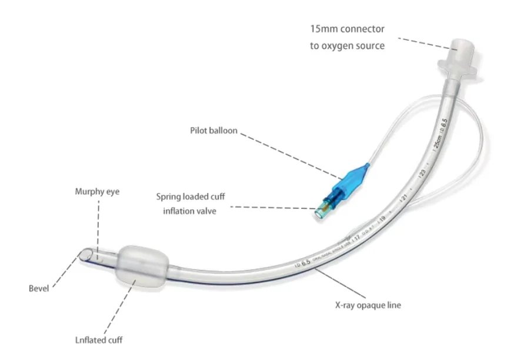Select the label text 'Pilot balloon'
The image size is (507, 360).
point(214,131)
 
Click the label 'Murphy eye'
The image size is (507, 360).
point(97,192)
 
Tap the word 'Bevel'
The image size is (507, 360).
point(39,288)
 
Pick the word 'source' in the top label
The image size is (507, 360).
point(371,45)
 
